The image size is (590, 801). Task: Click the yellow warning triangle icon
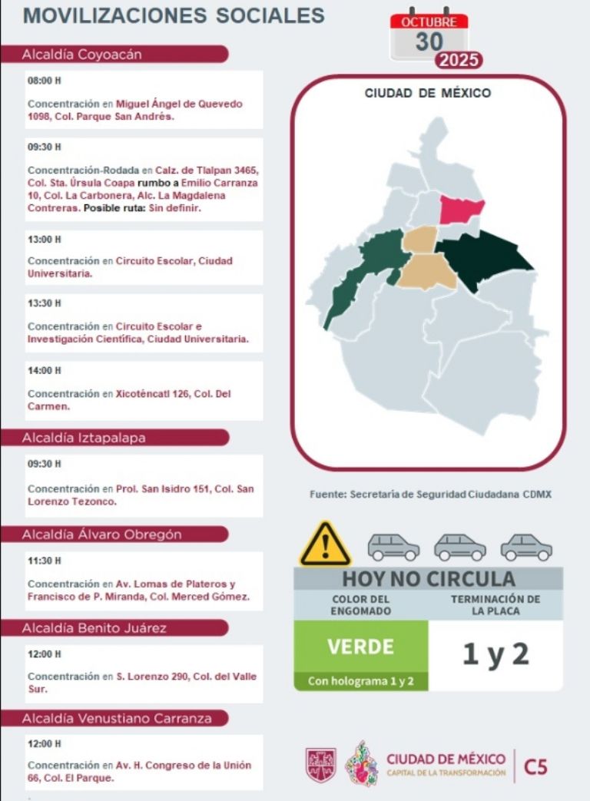[x=325, y=544]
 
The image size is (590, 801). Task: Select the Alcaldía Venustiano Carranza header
[x=115, y=719]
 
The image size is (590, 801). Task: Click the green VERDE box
[x=360, y=646]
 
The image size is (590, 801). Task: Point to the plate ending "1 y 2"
[x=496, y=654]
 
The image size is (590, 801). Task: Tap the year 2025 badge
[x=459, y=61]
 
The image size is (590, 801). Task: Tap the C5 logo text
[x=535, y=766]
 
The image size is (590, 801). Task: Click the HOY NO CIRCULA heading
[x=428, y=579]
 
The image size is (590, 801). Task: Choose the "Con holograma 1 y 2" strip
[x=360, y=681]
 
